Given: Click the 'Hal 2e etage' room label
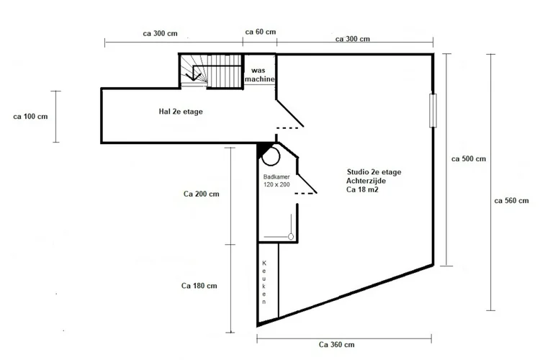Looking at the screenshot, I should [181, 112].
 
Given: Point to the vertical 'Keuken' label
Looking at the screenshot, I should [265, 282].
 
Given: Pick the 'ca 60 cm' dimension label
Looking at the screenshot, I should [261, 32].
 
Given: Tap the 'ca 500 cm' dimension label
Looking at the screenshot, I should [468, 158].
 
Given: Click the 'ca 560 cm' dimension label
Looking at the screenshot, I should [513, 201].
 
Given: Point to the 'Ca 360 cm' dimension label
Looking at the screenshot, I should [337, 345].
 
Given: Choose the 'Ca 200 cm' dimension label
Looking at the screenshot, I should [202, 194].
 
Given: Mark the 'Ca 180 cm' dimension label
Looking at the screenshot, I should [200, 286].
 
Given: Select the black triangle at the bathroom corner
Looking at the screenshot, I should [261, 149].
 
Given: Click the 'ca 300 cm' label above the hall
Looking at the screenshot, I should [156, 33].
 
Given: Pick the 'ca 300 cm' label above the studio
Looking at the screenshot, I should [354, 39].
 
